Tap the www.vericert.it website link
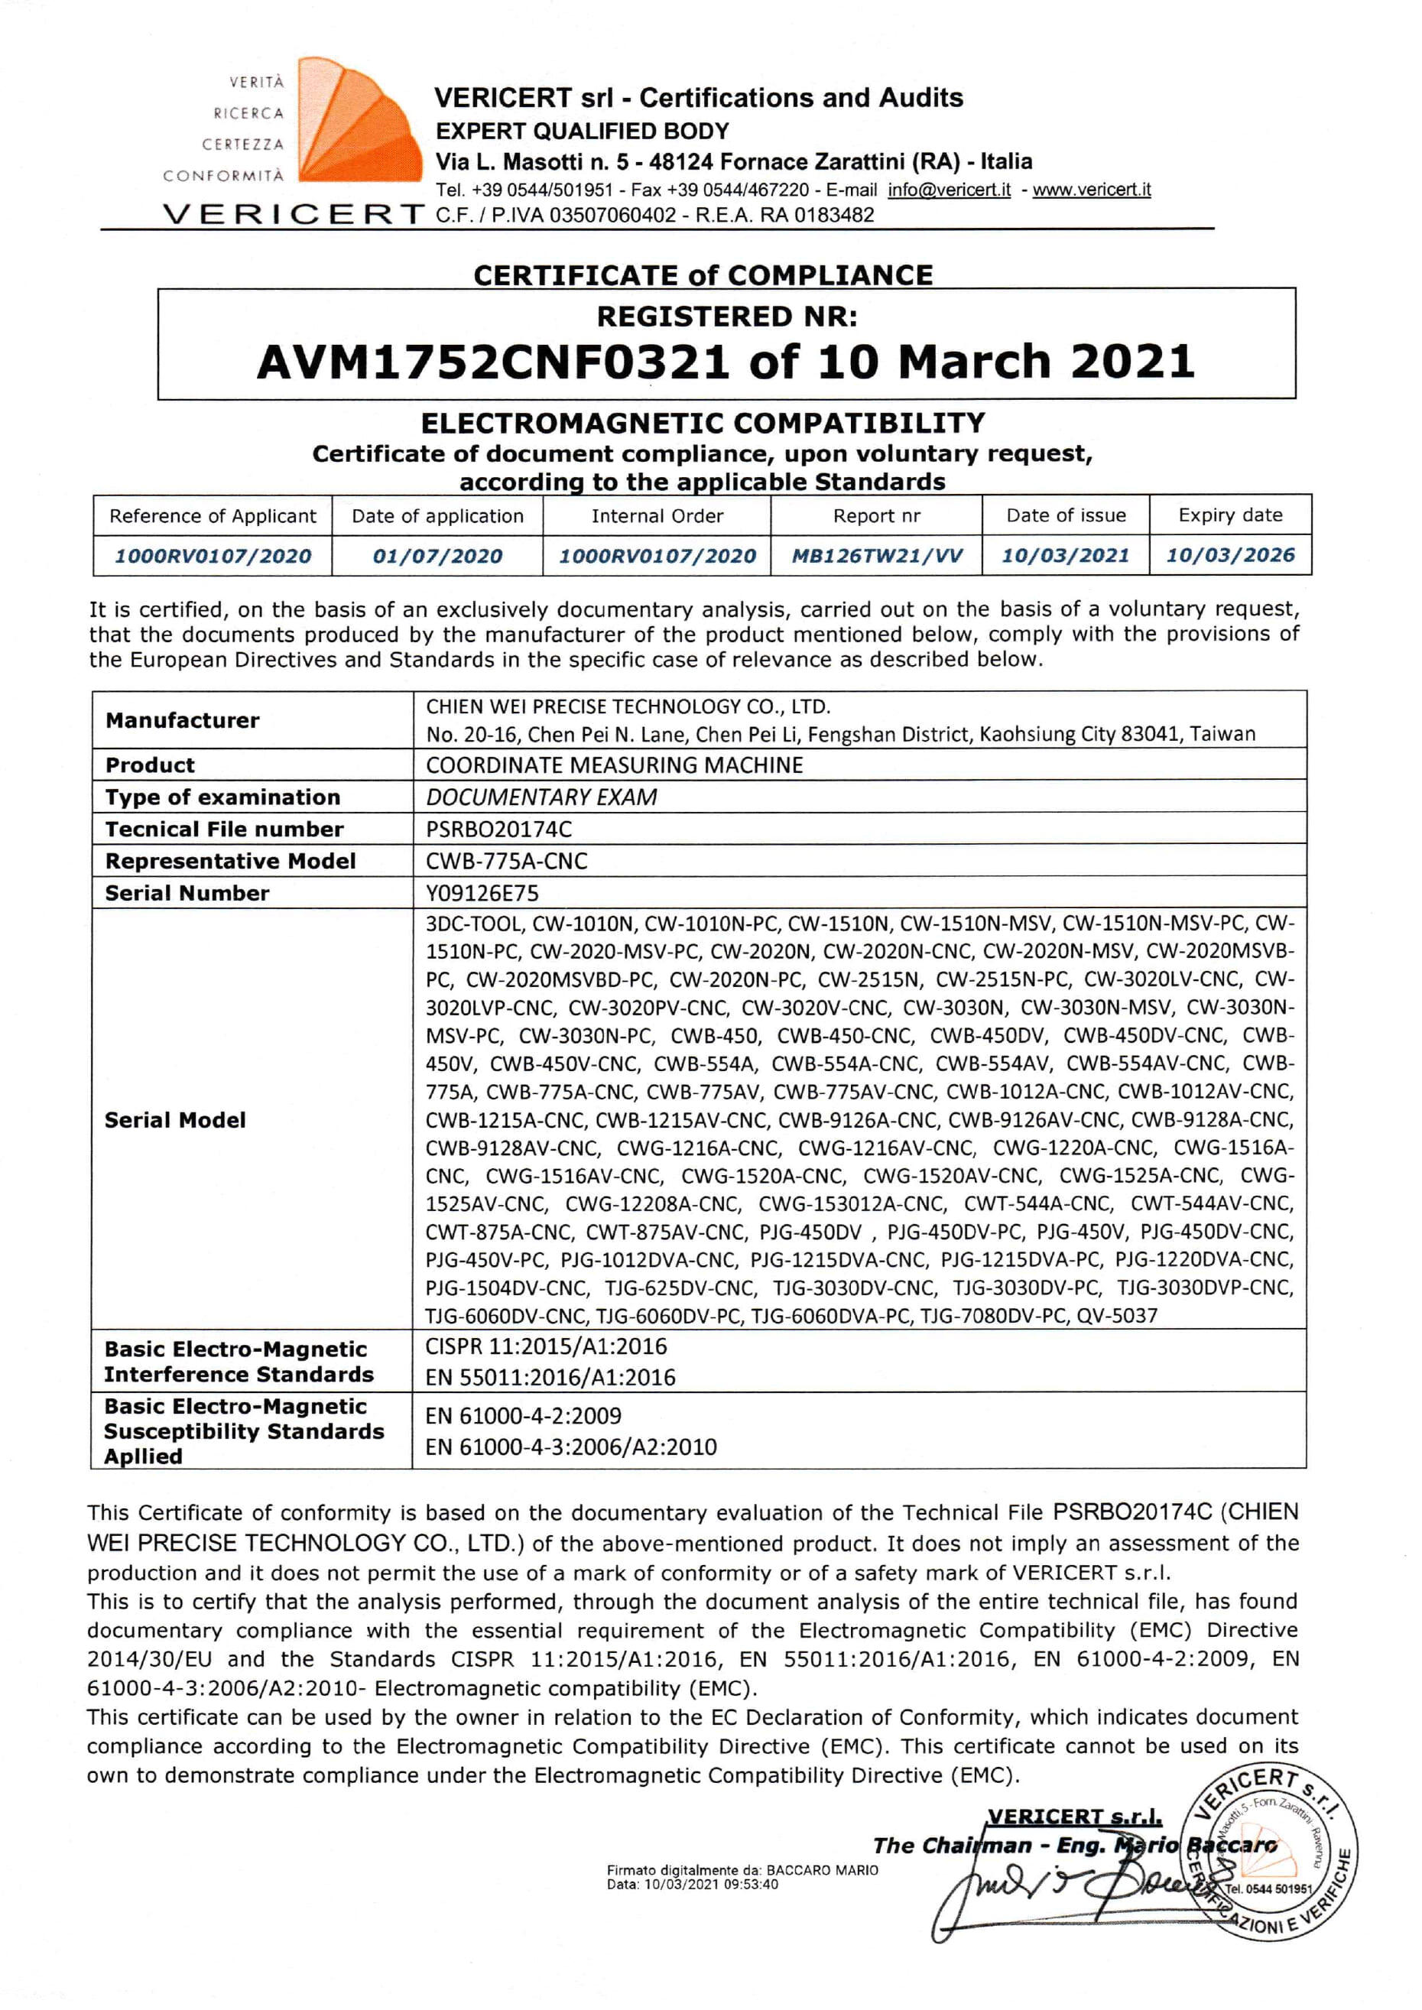click(1091, 190)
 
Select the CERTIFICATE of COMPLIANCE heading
click(703, 275)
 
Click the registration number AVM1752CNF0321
click(492, 362)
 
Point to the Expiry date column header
click(1229, 515)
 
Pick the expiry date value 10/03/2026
click(1229, 555)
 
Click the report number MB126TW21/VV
click(876, 556)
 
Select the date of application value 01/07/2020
click(437, 556)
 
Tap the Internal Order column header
click(657, 515)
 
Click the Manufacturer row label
click(182, 720)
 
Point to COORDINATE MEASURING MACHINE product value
click(614, 765)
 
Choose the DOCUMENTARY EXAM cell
click(541, 797)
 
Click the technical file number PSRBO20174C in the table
click(498, 829)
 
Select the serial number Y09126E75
click(482, 893)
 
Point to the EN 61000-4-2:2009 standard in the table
click(523, 1416)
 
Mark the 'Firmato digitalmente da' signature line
click(742, 1870)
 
